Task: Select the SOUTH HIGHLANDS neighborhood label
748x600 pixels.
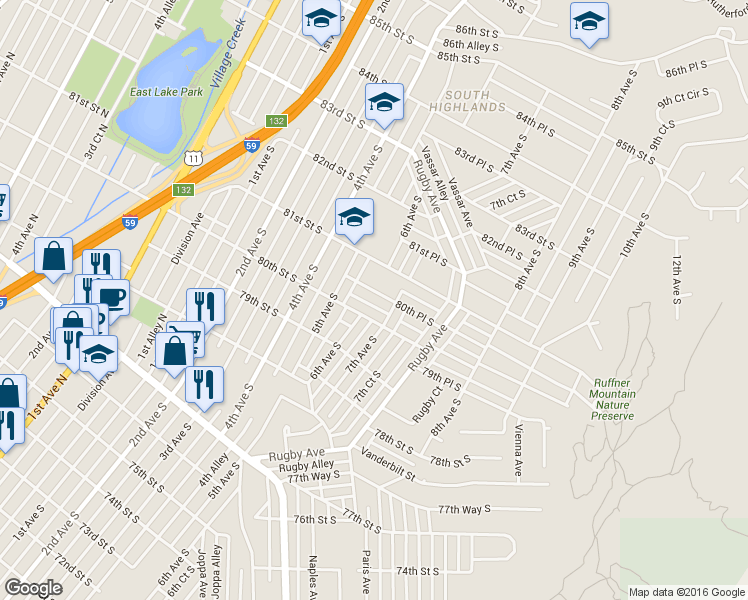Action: pyautogui.click(x=467, y=100)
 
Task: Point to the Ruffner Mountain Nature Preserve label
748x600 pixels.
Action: pyautogui.click(x=613, y=399)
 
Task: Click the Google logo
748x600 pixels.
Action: pyautogui.click(x=33, y=588)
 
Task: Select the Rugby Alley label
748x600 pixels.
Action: pyautogui.click(x=307, y=466)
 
